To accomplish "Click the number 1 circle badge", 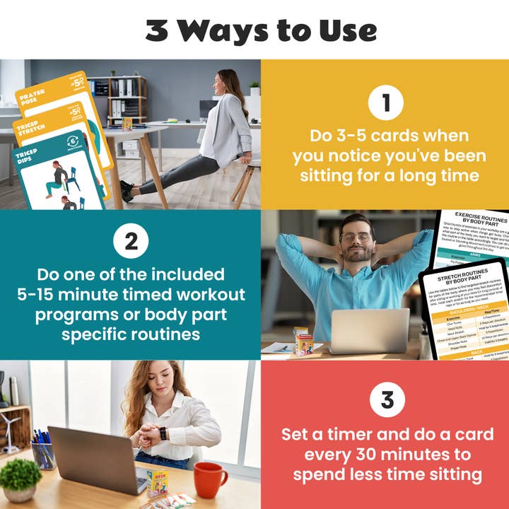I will (x=385, y=104).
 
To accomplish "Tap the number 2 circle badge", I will (x=131, y=242).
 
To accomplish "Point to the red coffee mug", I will (x=210, y=480).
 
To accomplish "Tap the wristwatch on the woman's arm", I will (x=164, y=433).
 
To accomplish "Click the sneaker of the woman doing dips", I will (x=127, y=190).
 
